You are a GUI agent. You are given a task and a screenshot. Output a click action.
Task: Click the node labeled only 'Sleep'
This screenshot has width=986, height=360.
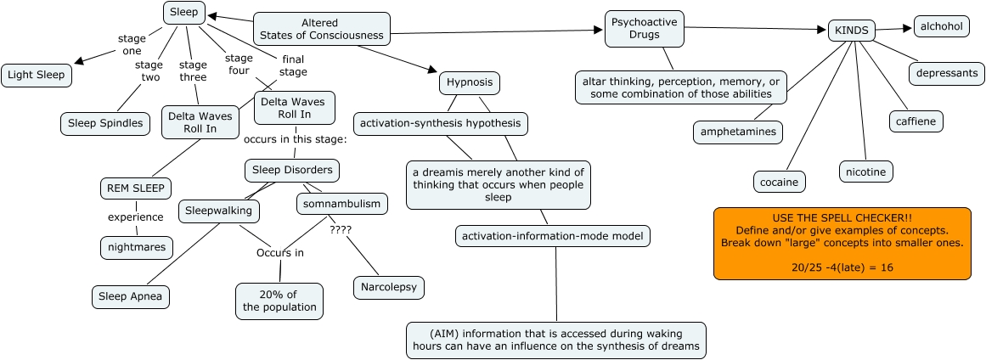(183, 13)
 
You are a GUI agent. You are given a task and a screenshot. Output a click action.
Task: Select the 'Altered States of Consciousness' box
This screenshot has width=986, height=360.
(321, 30)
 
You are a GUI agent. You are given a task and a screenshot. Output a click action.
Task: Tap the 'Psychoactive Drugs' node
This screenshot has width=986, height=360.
(644, 30)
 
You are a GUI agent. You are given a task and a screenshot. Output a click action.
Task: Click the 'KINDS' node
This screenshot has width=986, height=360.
(852, 31)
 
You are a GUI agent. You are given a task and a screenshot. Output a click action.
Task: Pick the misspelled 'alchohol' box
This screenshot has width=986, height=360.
(941, 26)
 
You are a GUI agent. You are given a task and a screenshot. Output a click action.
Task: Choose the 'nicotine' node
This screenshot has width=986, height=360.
(865, 172)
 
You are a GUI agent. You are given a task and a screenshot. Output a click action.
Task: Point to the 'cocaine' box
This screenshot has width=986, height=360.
(779, 181)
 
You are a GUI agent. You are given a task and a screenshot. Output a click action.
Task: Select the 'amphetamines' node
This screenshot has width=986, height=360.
(737, 132)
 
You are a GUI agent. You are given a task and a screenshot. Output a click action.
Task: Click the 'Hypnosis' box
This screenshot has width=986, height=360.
(470, 83)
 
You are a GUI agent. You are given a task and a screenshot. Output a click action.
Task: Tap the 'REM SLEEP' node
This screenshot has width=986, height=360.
(134, 188)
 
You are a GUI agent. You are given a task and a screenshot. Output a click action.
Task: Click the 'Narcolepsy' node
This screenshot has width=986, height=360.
(388, 287)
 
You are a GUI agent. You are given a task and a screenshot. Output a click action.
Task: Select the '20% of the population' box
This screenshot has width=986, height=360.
(279, 301)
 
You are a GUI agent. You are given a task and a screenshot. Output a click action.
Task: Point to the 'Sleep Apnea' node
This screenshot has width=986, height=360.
(131, 296)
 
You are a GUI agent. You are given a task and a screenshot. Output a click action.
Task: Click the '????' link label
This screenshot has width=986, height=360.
(339, 229)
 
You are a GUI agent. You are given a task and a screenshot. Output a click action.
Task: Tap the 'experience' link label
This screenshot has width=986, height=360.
(135, 217)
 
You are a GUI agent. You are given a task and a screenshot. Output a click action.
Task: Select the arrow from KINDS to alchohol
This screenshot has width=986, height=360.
(893, 29)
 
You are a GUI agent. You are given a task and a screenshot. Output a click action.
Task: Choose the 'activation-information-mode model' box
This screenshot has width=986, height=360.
(553, 236)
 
